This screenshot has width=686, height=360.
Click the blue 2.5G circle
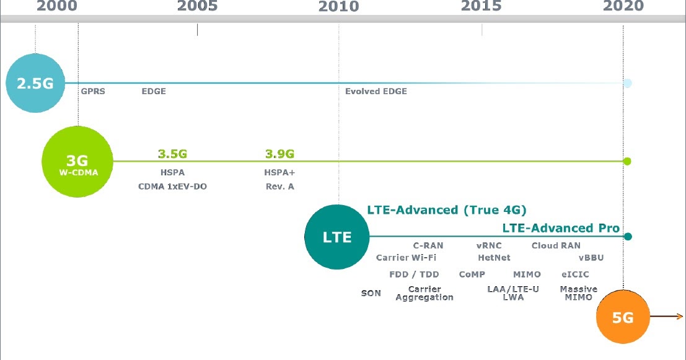[x=35, y=83]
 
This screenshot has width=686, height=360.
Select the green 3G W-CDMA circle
[x=78, y=161]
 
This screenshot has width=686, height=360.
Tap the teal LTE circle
[x=337, y=237]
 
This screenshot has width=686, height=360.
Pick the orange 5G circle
[x=623, y=317]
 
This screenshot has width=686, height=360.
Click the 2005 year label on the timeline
[x=197, y=6]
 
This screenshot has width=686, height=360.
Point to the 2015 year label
[x=482, y=6]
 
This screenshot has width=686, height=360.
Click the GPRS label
[x=93, y=91]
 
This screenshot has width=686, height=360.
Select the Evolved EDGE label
[x=376, y=91]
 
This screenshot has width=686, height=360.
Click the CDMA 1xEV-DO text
[x=172, y=186]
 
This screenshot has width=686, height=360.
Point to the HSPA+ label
[x=279, y=172]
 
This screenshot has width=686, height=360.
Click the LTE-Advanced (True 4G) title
[x=447, y=209]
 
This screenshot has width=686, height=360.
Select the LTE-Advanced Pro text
[x=561, y=228]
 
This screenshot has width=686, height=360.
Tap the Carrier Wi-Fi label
[x=406, y=258]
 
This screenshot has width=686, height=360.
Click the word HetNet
[x=494, y=258]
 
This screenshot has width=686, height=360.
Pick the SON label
[x=371, y=293]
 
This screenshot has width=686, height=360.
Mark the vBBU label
[x=591, y=258]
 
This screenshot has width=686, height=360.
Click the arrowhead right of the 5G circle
[x=680, y=317]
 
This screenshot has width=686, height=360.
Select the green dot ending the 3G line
[x=627, y=161]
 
